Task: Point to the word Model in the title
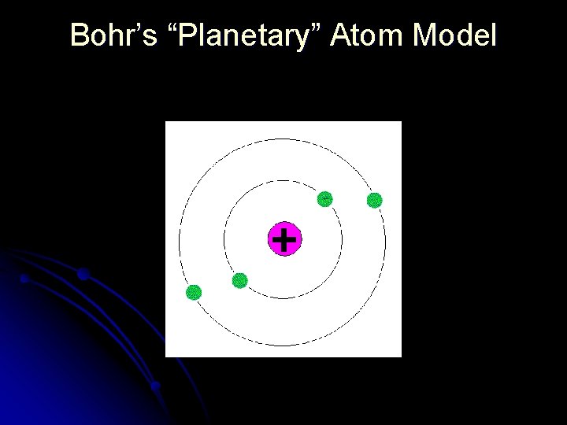(454, 35)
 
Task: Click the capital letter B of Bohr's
(79, 35)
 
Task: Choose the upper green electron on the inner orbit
(324, 199)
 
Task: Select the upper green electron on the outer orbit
(375, 200)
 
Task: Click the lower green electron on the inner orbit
(240, 280)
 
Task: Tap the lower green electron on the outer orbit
(193, 293)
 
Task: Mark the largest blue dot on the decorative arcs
(83, 275)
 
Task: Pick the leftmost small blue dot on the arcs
(24, 279)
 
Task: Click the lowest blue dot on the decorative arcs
(155, 386)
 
